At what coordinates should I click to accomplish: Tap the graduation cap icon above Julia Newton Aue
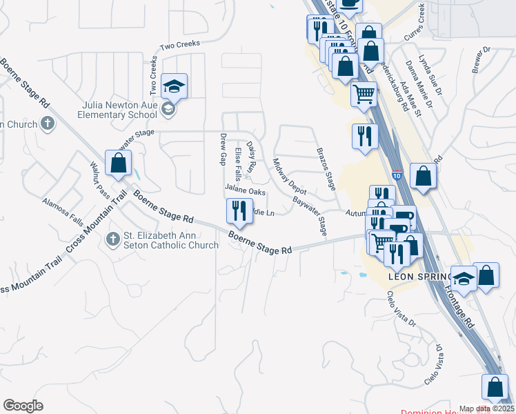click(174, 86)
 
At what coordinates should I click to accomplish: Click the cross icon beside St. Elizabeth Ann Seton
click(114, 239)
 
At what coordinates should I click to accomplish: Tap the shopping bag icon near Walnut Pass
click(119, 164)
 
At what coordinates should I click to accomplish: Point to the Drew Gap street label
click(223, 150)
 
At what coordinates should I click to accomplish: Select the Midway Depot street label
click(289, 177)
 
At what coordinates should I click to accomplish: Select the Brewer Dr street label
click(480, 59)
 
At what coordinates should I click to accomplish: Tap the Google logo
click(23, 406)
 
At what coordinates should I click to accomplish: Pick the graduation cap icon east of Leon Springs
click(464, 279)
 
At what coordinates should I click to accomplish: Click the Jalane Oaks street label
click(245, 191)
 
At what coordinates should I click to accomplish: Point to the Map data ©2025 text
click(486, 408)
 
